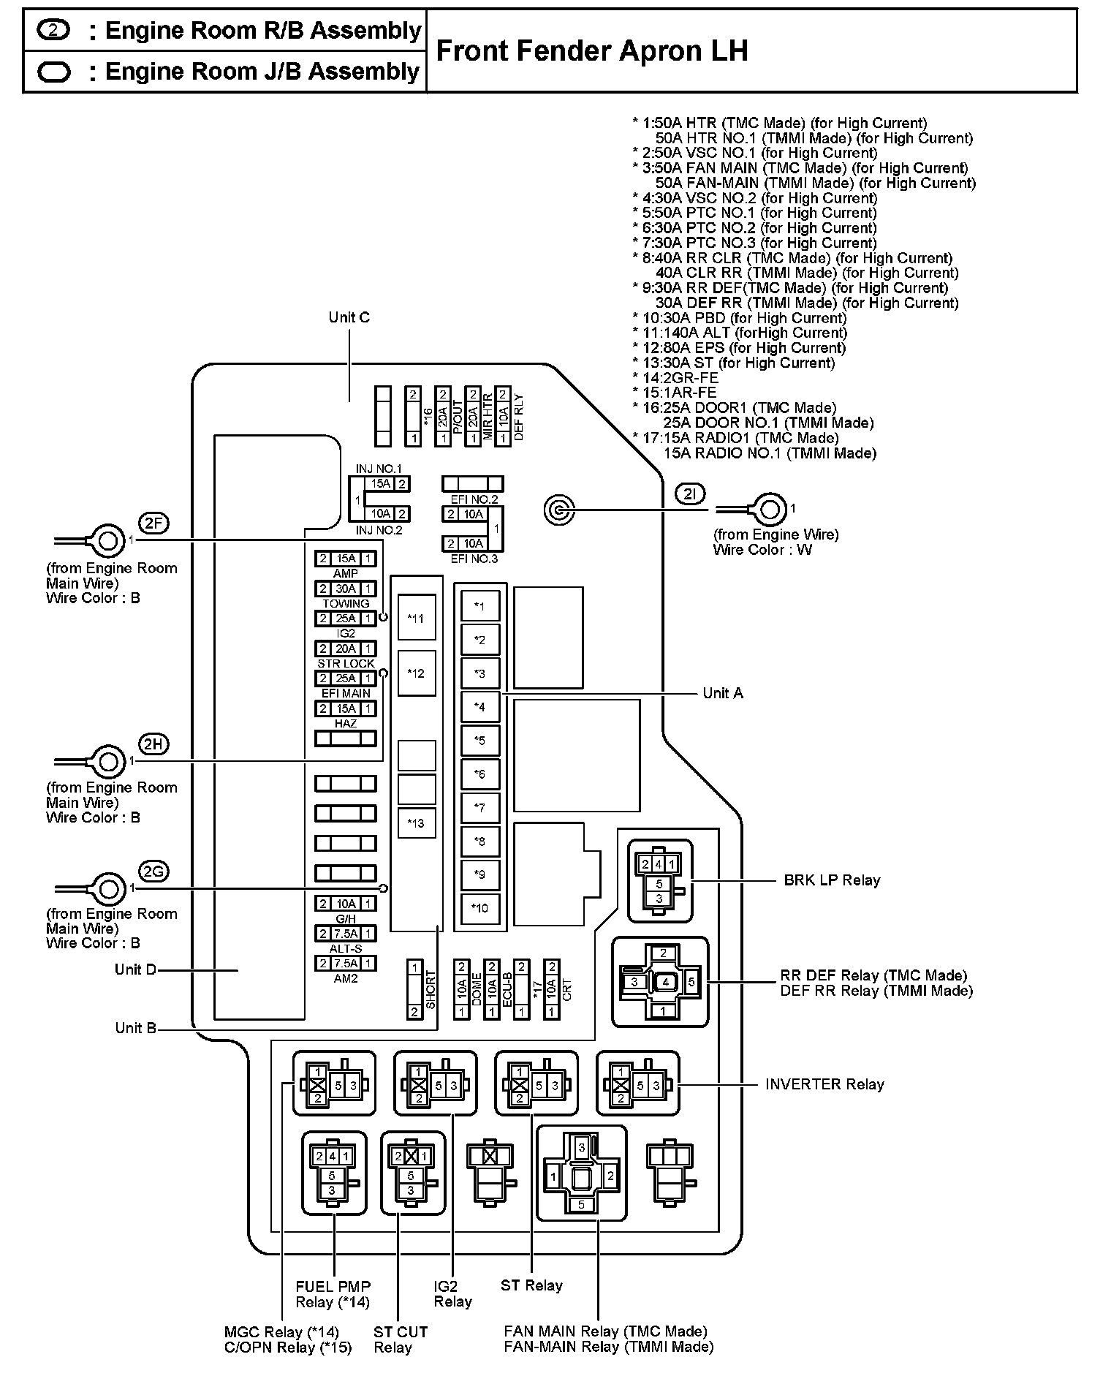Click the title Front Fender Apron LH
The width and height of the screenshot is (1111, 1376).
tap(592, 51)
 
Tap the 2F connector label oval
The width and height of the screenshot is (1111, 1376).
tap(153, 523)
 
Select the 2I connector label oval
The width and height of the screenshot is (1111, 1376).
tap(690, 495)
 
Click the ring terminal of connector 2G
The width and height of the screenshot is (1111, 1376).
tap(107, 889)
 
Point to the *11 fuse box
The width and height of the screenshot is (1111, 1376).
tap(416, 619)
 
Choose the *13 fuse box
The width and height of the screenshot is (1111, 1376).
tap(416, 823)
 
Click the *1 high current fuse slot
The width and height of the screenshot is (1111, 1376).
tap(480, 606)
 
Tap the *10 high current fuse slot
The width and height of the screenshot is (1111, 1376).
tap(480, 909)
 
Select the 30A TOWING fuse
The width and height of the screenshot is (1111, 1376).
tap(346, 589)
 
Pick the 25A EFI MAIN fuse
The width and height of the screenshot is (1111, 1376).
tap(346, 678)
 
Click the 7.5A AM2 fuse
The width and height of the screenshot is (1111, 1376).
tap(346, 964)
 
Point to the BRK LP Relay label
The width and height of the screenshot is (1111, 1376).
tap(832, 880)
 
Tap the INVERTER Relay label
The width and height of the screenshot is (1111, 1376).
tap(824, 1084)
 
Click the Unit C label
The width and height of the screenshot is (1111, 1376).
tap(349, 317)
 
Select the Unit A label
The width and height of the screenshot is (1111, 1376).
tap(723, 693)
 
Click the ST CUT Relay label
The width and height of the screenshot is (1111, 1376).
tap(401, 1339)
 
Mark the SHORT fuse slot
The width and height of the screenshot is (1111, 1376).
tap(414, 989)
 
